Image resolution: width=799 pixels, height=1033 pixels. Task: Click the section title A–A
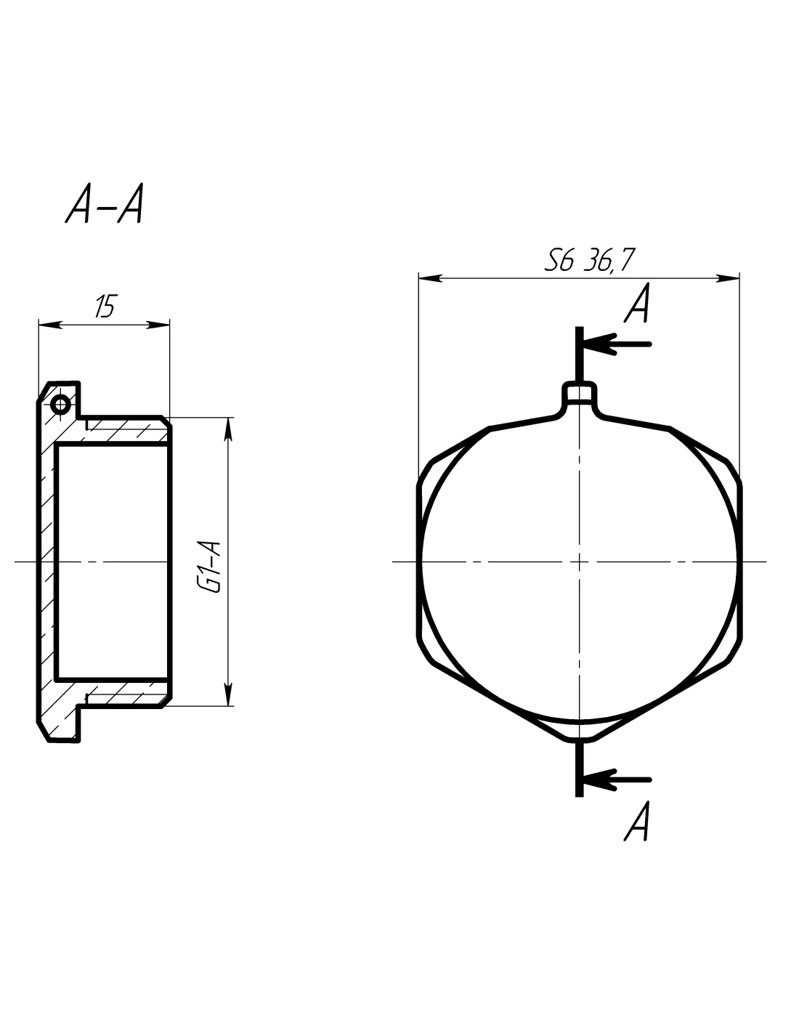[104, 203]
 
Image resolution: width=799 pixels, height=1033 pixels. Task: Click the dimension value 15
[105, 306]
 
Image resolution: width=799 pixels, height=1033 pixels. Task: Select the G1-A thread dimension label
[210, 566]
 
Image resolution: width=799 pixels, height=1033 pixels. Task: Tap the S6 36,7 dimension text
[589, 259]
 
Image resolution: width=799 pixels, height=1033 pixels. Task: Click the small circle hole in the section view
[60, 405]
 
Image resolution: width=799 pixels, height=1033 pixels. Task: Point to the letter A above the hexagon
[637, 304]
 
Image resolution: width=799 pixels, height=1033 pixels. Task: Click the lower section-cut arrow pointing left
[617, 779]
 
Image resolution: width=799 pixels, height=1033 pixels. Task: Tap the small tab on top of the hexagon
[579, 393]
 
